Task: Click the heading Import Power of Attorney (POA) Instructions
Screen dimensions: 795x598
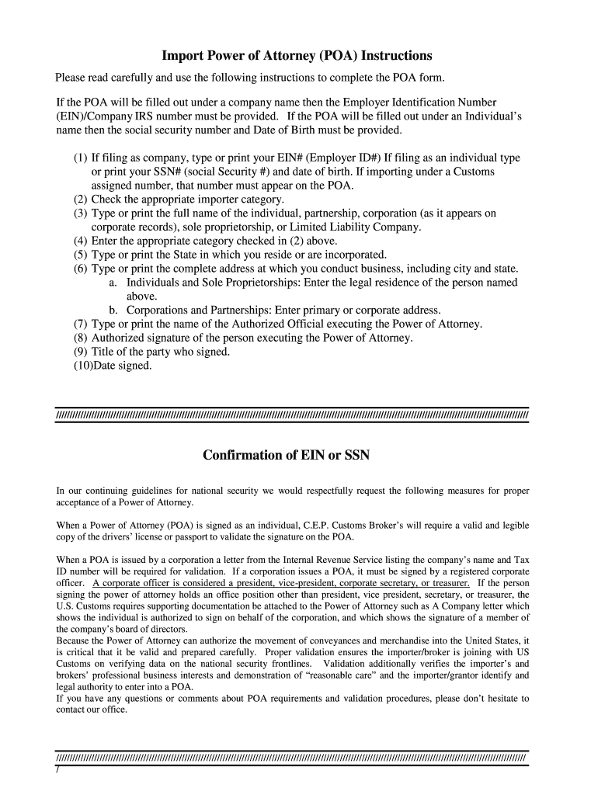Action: pos(296,56)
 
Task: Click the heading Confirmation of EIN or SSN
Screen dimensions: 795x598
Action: pos(286,455)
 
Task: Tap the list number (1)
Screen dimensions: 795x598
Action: pos(81,158)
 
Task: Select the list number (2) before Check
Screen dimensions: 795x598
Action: pos(81,199)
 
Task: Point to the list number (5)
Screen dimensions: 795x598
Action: pos(81,255)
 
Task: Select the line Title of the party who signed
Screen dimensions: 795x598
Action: pos(161,352)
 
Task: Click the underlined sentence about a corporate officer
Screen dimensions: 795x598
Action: pos(280,583)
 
